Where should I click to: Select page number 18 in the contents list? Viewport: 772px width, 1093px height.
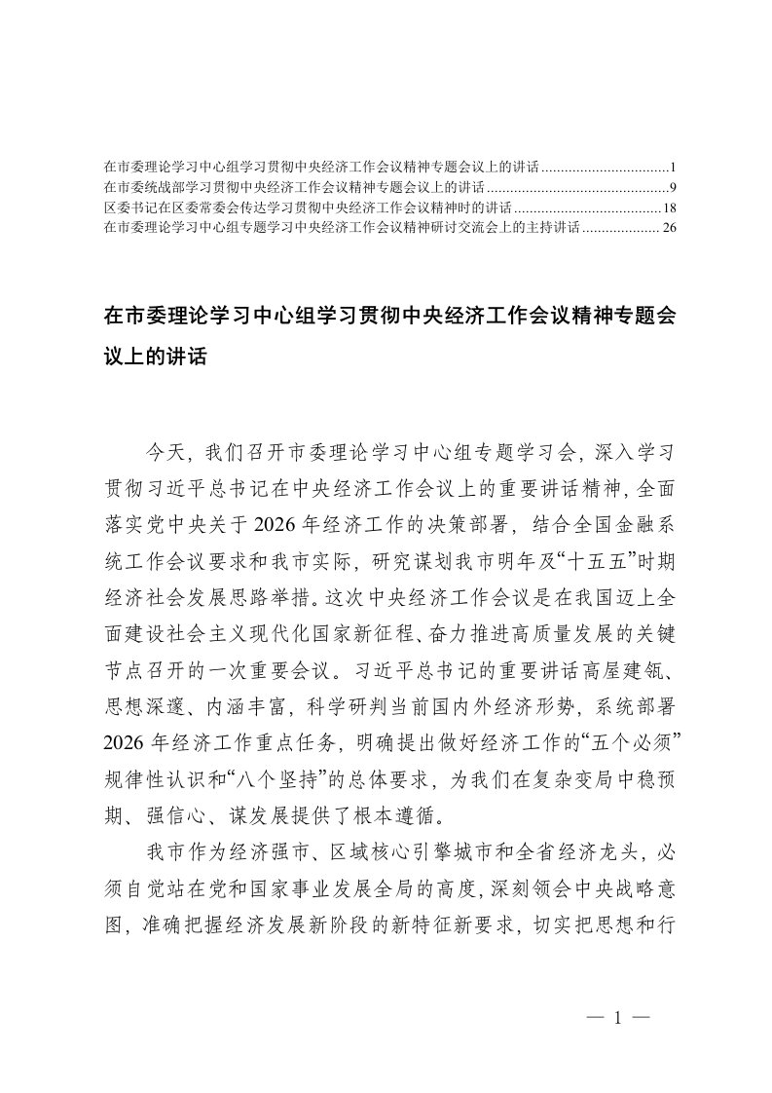[669, 207]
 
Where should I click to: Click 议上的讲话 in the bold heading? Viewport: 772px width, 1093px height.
[156, 357]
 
